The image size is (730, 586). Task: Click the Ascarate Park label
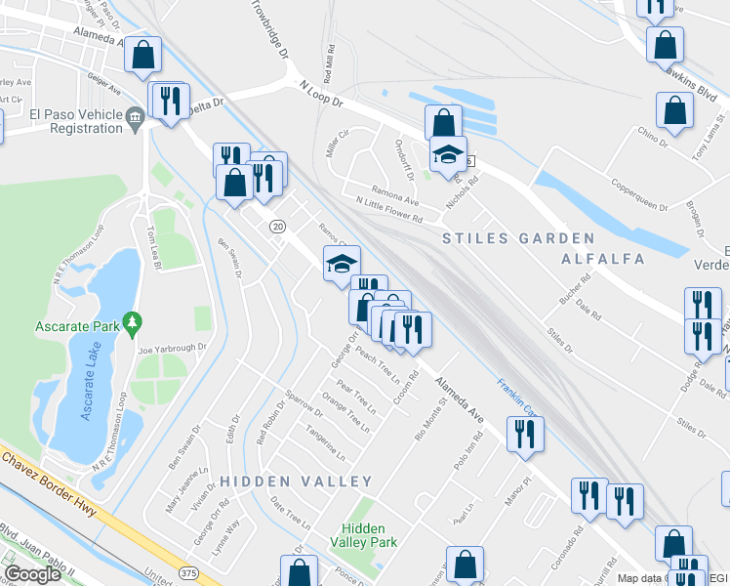point(76,325)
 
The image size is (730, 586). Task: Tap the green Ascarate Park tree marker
point(134,321)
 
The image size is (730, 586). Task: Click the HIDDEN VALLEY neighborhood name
point(296,481)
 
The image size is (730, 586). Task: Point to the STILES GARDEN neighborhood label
point(518,238)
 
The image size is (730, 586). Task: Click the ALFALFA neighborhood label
point(602,259)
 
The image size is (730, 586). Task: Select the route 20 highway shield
point(278,227)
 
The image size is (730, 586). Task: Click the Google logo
point(32,574)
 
